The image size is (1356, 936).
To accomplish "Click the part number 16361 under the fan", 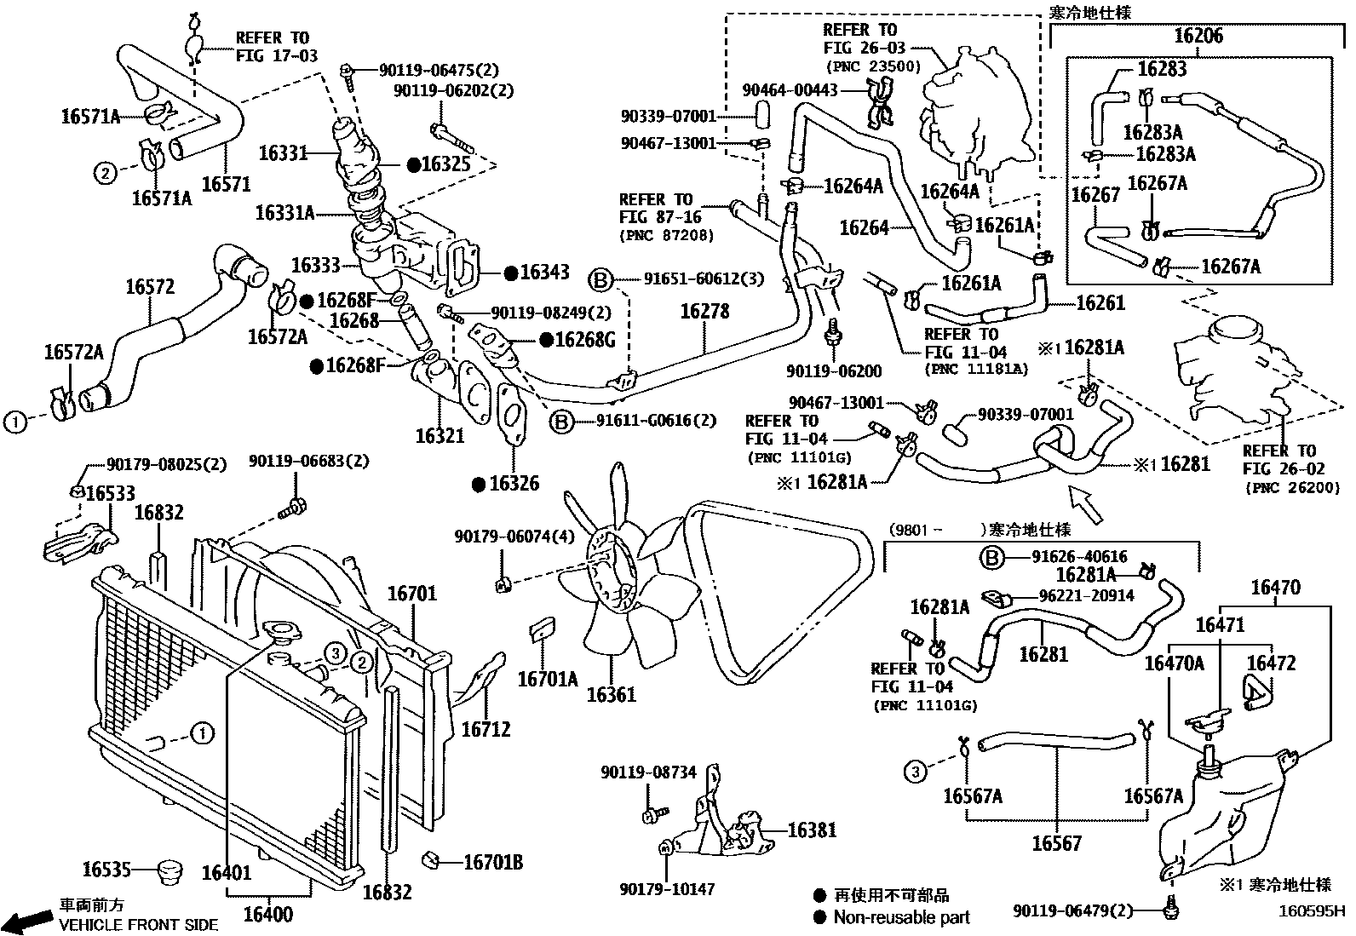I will pos(611,695).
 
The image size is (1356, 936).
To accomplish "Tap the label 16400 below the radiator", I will pos(268,915).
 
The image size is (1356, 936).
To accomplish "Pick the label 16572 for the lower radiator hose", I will pos(150,287).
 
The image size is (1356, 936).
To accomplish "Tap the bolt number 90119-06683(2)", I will pos(309,461).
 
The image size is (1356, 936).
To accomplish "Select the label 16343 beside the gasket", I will pos(544,273).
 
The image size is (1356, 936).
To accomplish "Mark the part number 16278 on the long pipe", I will pos(704,312).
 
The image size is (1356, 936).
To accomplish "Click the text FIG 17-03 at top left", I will pos(276,56).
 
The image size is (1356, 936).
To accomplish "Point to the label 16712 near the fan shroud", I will pos(486,729).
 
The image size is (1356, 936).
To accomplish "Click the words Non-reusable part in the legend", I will pos(901,917).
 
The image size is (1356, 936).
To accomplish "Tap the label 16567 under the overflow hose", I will pos(1056,843).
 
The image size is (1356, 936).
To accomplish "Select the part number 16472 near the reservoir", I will pos(1271,663).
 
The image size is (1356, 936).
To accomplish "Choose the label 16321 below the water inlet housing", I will pos(440,436).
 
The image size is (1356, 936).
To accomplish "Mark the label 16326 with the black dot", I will pos(514,484).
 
